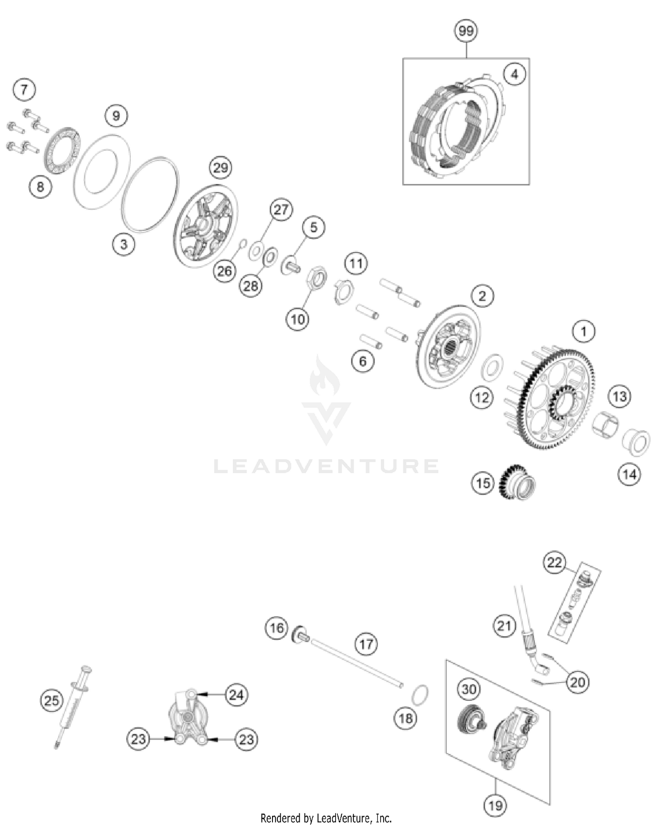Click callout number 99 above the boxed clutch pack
[466, 31]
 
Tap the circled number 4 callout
[515, 74]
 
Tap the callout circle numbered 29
[221, 168]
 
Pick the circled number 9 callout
[116, 116]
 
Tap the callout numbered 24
[236, 694]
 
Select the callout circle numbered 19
[495, 806]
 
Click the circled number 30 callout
[468, 689]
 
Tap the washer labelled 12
[492, 366]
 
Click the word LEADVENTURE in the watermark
[326, 466]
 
